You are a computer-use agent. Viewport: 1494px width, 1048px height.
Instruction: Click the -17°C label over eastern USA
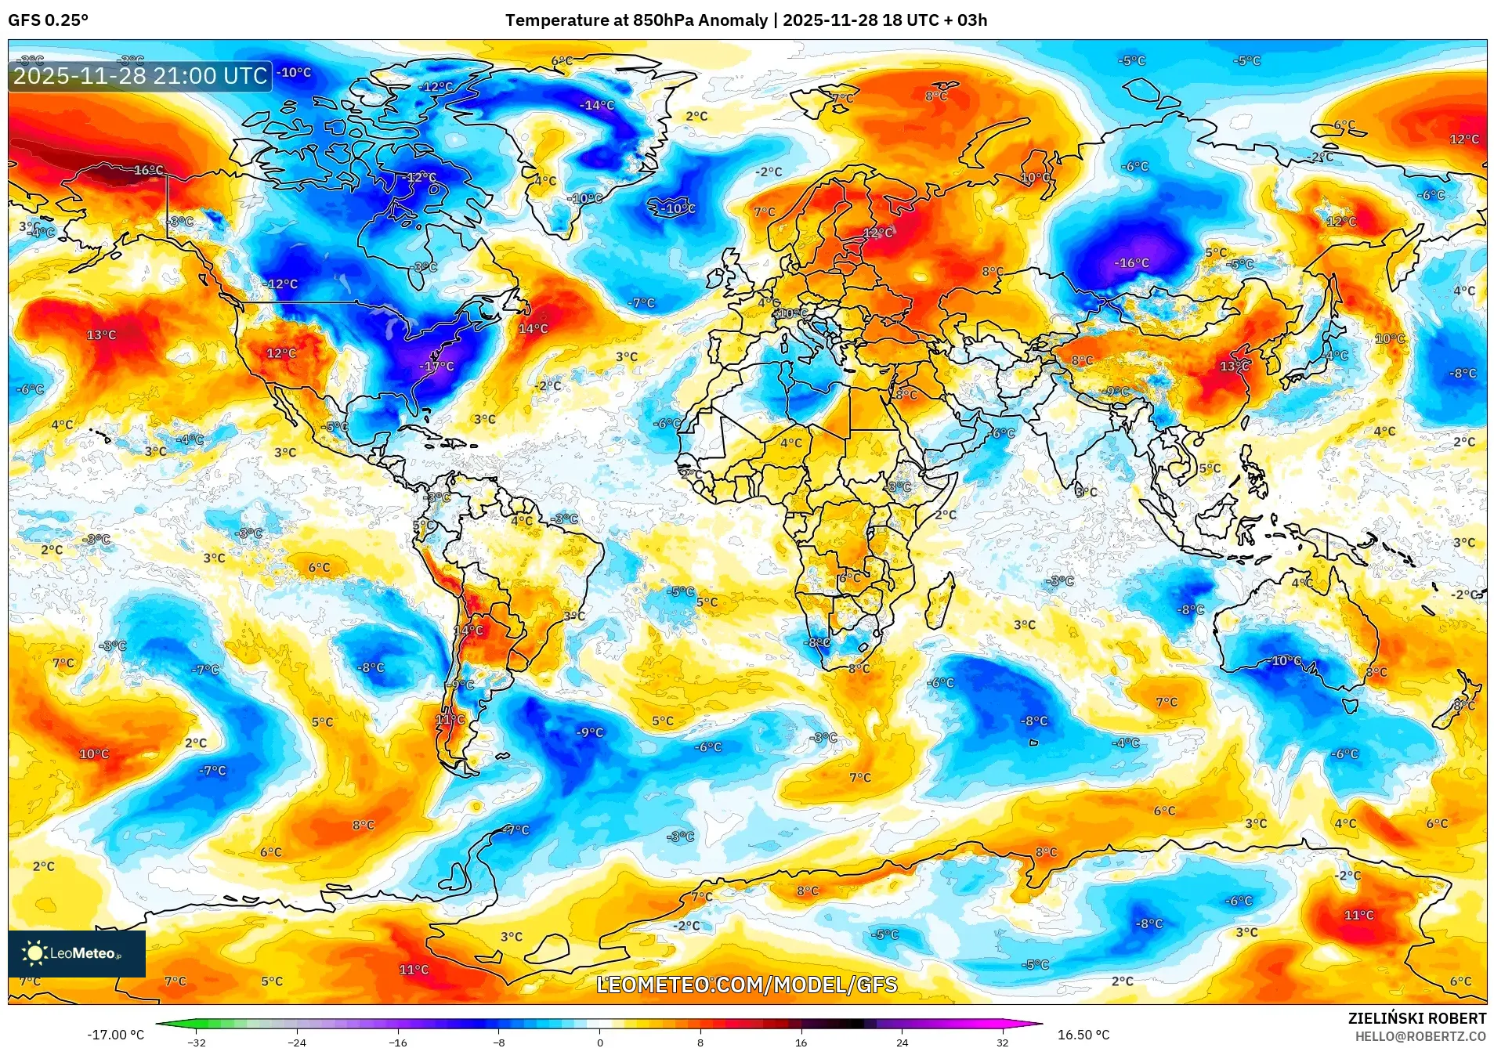click(x=436, y=366)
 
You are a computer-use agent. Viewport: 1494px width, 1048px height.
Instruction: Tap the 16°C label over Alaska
click(x=148, y=170)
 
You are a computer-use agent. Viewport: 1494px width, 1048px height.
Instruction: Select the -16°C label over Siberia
click(x=1131, y=262)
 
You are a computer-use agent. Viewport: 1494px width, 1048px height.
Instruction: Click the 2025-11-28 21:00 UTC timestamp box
click(x=140, y=76)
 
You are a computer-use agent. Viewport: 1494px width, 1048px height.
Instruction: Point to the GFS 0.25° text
click(x=48, y=20)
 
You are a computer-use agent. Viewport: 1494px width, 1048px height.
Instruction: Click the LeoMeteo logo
click(x=76, y=953)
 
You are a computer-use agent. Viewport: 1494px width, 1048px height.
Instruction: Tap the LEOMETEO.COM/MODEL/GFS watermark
click(x=746, y=985)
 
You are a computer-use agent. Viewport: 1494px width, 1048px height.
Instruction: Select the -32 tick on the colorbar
click(x=197, y=1042)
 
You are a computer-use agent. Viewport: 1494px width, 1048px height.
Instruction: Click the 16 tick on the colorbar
click(x=801, y=1042)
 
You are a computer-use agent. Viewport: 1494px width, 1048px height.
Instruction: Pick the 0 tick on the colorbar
click(x=600, y=1042)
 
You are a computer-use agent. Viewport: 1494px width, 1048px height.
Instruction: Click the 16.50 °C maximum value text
click(x=1083, y=1035)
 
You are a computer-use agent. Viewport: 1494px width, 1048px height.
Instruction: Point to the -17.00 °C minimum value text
click(x=116, y=1035)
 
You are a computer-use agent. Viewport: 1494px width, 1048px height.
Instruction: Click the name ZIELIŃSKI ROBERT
click(x=1416, y=1018)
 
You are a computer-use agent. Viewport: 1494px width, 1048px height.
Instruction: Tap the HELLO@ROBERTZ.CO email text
click(x=1420, y=1036)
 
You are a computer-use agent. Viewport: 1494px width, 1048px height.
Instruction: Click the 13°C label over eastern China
click(x=1234, y=366)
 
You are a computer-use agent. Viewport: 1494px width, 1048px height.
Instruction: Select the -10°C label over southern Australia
click(x=1285, y=660)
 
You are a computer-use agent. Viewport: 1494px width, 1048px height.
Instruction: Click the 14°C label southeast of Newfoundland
click(x=533, y=328)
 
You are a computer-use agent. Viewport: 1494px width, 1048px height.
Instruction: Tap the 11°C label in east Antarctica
click(x=1358, y=914)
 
